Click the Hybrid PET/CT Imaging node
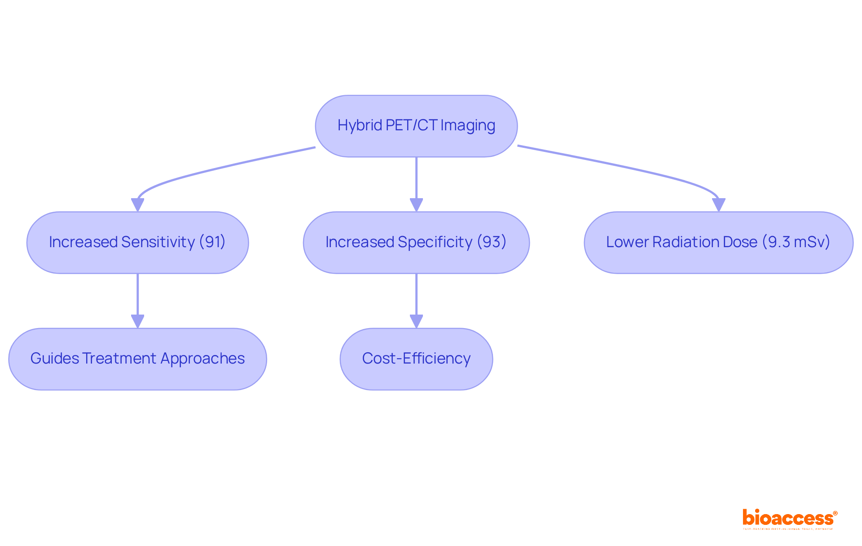tap(416, 126)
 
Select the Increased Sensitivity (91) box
tap(137, 243)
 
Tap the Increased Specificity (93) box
tap(416, 243)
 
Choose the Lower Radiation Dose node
tap(718, 243)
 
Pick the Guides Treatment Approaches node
tap(137, 359)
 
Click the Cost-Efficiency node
tap(416, 359)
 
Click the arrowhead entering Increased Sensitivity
tap(137, 205)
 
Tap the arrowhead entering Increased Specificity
tap(416, 205)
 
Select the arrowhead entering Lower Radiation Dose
tap(718, 205)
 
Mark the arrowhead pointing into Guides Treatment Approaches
tap(137, 321)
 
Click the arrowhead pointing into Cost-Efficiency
tap(416, 321)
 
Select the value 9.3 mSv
tap(796, 242)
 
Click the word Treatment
tap(119, 358)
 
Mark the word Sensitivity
tap(158, 242)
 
